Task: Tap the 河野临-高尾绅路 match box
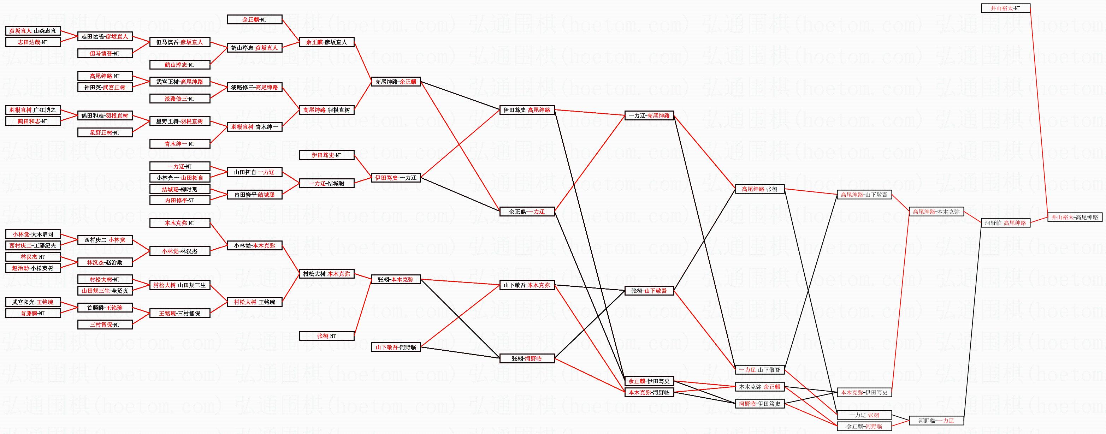1005,223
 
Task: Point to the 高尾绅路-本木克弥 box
936,212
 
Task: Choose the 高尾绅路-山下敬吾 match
864,195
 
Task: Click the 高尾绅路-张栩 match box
759,189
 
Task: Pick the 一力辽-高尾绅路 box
649,115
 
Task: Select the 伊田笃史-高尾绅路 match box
527,110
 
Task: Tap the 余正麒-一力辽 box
527,212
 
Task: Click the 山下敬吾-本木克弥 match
527,285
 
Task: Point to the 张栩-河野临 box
527,358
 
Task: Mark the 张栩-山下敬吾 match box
649,291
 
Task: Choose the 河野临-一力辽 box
936,421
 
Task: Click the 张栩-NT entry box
326,336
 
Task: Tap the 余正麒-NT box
254,19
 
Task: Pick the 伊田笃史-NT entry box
326,155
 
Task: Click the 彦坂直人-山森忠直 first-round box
32,31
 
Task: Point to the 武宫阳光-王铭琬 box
32,302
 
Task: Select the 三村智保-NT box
105,325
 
